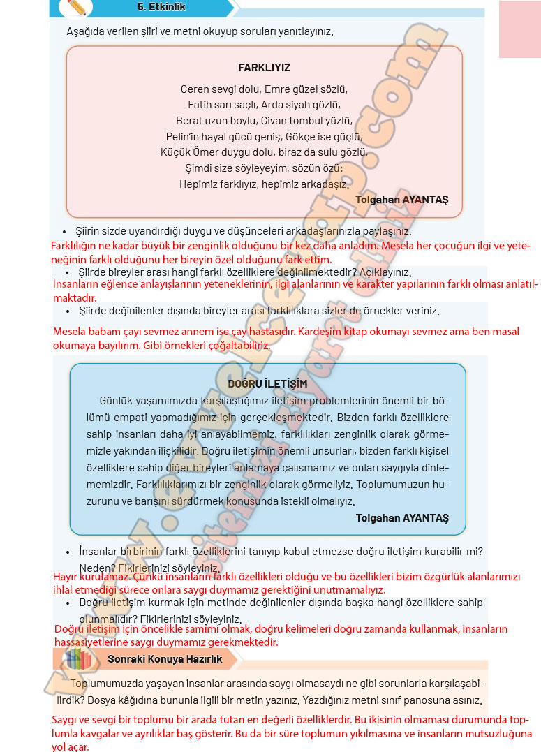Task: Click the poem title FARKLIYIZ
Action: (264, 68)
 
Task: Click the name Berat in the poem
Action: (190, 120)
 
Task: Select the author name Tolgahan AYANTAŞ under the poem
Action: (401, 199)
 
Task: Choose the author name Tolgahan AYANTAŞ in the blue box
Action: (401, 517)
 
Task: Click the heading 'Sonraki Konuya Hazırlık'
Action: (165, 658)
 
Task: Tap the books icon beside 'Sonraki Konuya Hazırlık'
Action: (76, 658)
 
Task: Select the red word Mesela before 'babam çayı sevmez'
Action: (69, 332)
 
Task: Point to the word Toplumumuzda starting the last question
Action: (107, 684)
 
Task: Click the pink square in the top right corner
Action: (519, 29)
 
